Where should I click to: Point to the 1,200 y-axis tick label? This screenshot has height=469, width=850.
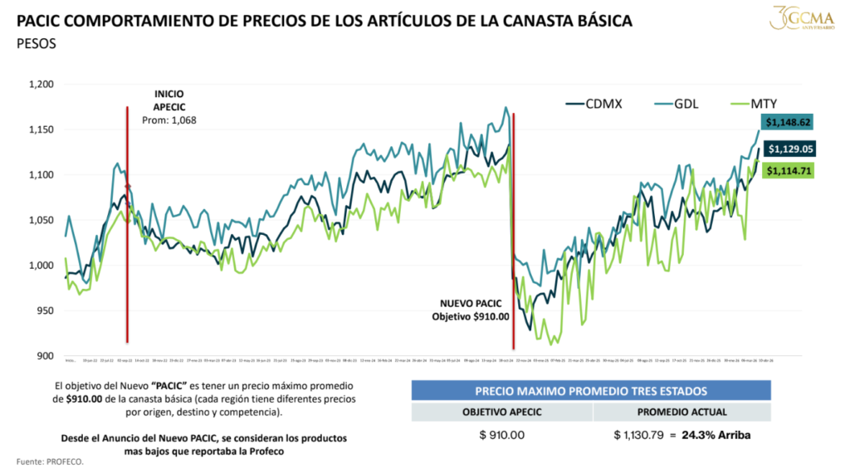pos(41,85)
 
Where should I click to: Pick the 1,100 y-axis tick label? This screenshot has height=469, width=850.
pos(41,175)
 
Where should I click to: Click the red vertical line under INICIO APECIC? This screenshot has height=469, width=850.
pos(127,249)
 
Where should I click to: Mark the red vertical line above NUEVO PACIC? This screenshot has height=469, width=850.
pos(514,208)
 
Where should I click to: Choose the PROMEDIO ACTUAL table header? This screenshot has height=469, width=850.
pos(682,413)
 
